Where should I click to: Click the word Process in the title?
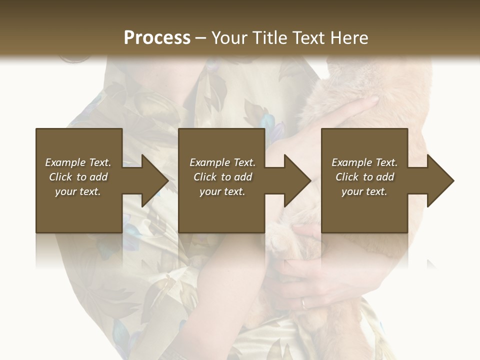click(x=157, y=38)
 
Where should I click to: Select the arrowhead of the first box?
click(x=150, y=180)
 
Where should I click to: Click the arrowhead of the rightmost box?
click(x=436, y=180)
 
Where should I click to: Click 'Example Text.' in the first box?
click(x=78, y=162)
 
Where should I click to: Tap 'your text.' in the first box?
click(x=78, y=191)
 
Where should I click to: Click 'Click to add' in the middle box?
click(x=222, y=177)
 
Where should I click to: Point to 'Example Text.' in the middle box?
click(x=222, y=162)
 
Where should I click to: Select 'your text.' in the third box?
click(x=364, y=191)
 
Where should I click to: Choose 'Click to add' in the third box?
click(x=364, y=177)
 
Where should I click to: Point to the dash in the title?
click(x=200, y=38)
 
